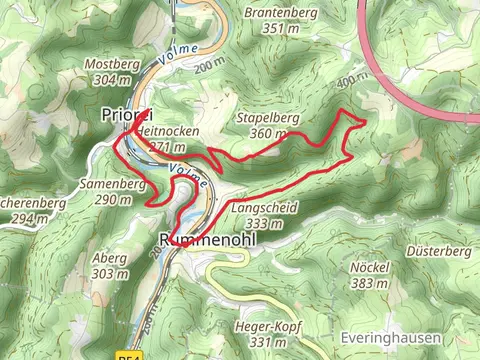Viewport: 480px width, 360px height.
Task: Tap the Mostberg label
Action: pyautogui.click(x=112, y=64)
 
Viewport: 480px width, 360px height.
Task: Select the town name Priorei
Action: pyautogui.click(x=124, y=114)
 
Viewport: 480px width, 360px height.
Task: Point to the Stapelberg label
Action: pyautogui.click(x=268, y=118)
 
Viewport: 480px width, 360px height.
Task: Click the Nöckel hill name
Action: pyautogui.click(x=369, y=268)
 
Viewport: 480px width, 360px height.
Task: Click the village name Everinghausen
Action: pyautogui.click(x=389, y=338)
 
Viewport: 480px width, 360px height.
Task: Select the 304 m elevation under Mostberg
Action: pyautogui.click(x=112, y=79)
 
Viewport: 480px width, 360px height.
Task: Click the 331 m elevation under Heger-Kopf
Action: pyautogui.click(x=260, y=342)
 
